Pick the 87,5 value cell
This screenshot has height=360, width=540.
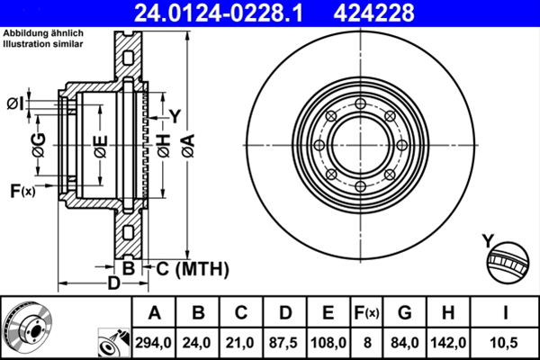pos(285,342)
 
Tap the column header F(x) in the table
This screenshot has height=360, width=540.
pos(368,313)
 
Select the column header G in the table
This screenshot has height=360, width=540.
pos(404,313)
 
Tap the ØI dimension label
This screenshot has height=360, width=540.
pos(14,103)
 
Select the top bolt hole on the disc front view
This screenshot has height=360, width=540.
pos(360,105)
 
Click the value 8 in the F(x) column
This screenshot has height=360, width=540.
pos(368,342)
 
